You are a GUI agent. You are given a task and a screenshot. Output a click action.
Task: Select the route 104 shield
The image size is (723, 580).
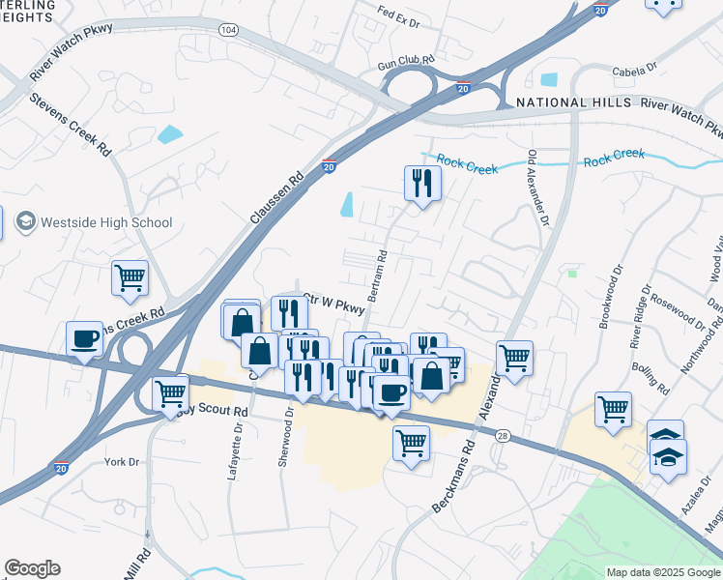tap(228, 31)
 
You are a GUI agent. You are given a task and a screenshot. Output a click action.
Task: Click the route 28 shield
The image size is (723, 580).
tap(504, 437)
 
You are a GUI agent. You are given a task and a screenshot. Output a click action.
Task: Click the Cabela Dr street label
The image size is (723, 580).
tap(634, 70)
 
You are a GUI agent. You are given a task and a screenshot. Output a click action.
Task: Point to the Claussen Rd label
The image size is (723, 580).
tap(276, 198)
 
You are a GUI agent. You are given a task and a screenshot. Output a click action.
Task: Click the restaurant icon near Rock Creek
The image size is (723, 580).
tap(422, 182)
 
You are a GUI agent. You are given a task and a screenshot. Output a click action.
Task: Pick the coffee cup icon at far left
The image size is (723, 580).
tap(85, 338)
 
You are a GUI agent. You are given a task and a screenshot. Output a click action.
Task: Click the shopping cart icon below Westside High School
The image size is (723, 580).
tap(130, 277)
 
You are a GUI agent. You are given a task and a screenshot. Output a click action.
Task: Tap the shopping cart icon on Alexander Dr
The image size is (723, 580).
tap(515, 358)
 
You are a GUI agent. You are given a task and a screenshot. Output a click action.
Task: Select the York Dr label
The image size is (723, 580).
tap(122, 462)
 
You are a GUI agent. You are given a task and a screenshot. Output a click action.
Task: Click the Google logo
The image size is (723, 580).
tap(32, 568)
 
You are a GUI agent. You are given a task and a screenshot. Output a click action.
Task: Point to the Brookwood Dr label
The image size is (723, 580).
tap(607, 302)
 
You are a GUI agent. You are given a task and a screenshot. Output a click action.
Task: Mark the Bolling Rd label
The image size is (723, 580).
tap(650, 379)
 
